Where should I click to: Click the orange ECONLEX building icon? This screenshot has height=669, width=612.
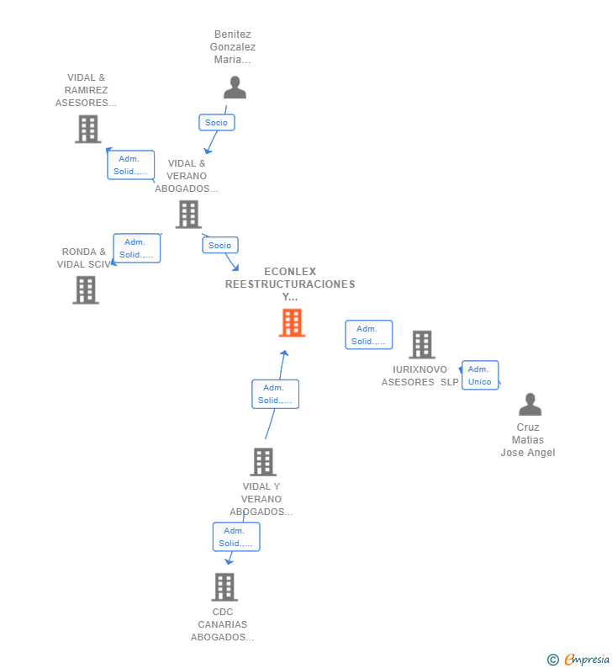click(292, 322)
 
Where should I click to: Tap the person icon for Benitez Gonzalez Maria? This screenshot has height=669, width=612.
click(235, 88)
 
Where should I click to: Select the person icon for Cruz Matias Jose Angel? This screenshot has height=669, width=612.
click(530, 405)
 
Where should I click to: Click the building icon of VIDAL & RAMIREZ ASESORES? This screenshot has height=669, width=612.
click(87, 129)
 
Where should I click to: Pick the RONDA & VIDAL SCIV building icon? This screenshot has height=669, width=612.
click(86, 289)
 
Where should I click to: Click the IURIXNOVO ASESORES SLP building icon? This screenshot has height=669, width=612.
click(421, 344)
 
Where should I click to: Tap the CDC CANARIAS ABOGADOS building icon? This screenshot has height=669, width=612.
click(224, 587)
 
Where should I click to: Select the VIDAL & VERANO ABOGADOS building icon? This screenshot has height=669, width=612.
click(188, 214)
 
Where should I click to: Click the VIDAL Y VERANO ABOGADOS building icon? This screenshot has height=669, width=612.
click(263, 461)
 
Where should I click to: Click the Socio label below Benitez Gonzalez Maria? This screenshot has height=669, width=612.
click(216, 122)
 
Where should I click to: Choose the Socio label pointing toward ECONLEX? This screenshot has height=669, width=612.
click(219, 245)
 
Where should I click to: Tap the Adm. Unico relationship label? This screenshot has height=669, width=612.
click(479, 375)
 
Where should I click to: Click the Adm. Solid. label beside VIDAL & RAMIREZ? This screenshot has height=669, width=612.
click(130, 165)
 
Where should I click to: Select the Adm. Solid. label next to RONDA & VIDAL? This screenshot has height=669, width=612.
click(136, 248)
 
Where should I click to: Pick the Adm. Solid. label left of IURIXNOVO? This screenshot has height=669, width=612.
click(368, 335)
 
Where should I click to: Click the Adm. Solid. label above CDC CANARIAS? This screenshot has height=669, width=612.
click(235, 537)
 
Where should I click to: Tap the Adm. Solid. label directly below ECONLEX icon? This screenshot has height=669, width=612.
click(275, 394)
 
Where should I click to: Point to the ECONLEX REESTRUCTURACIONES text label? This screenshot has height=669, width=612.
click(290, 284)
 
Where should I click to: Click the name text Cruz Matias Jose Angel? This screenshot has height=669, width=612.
click(528, 440)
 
